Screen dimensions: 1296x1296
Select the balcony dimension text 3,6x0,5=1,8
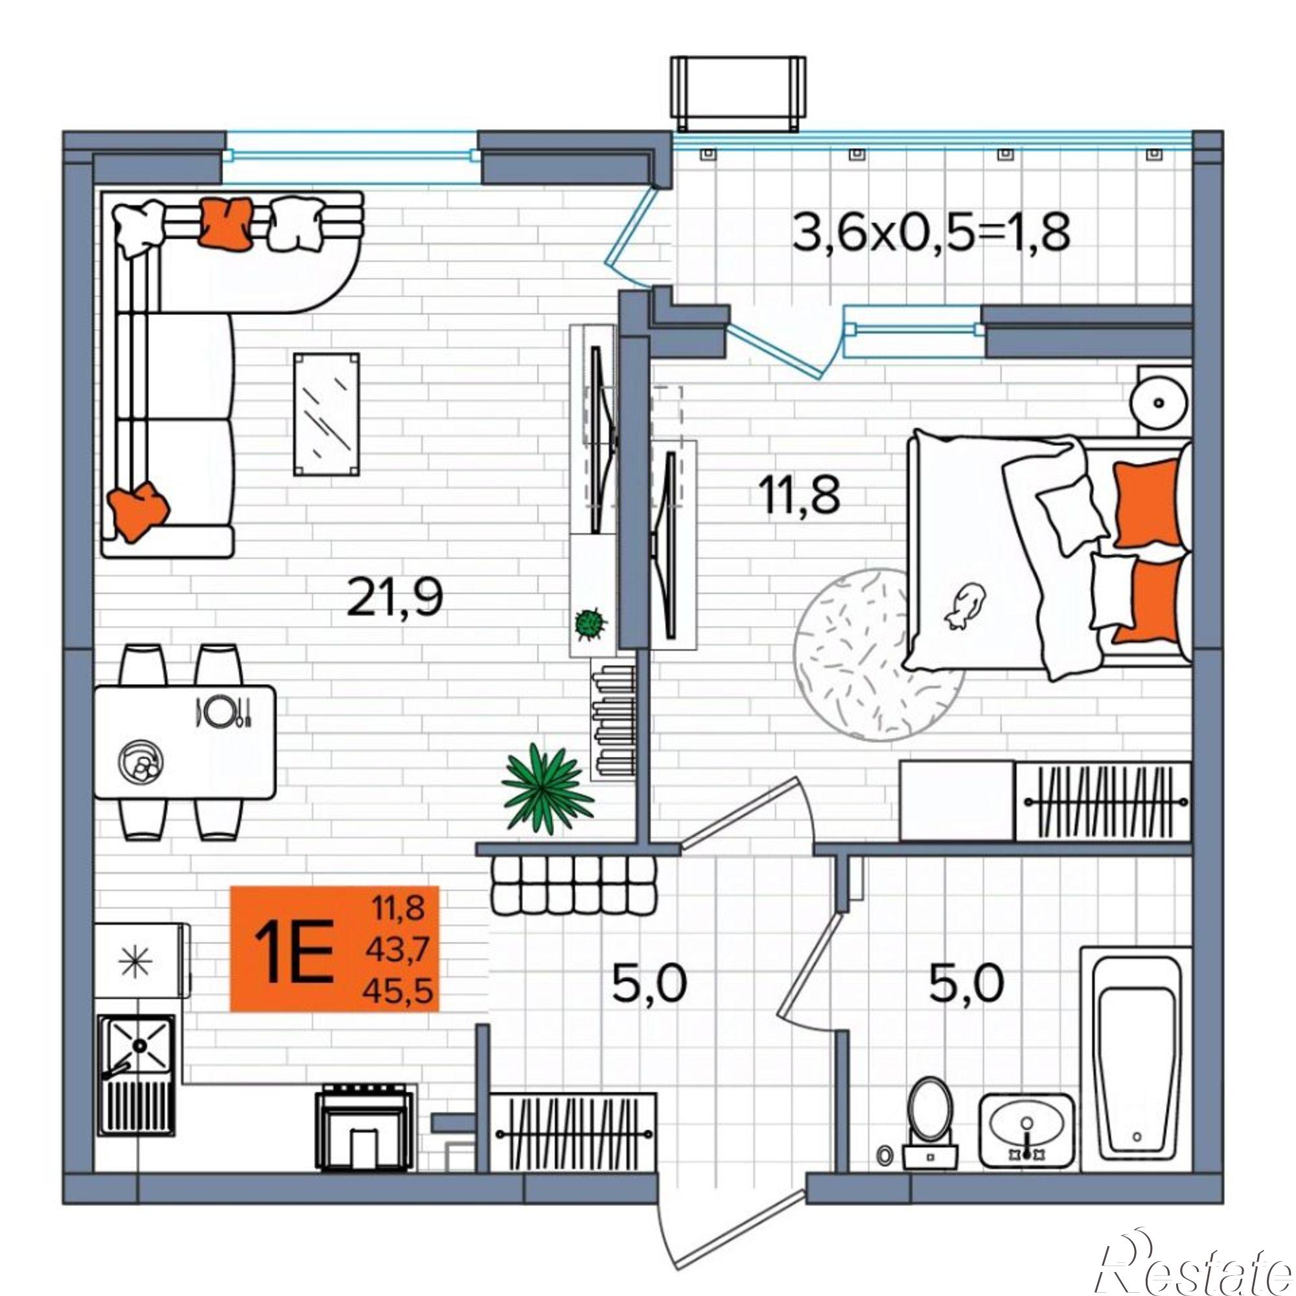pos(931,231)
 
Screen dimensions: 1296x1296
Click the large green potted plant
pos(548,787)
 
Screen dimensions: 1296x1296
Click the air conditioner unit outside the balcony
pos(738,93)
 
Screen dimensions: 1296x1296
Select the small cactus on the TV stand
pos(590,623)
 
